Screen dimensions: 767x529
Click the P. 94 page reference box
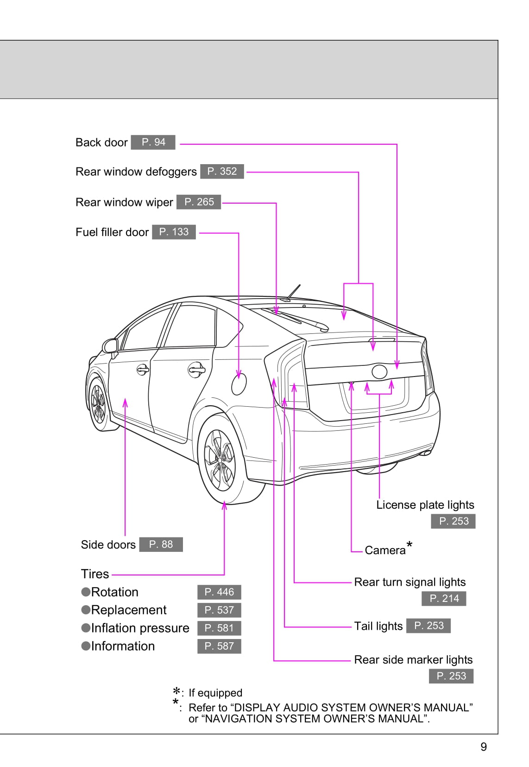pos(153,142)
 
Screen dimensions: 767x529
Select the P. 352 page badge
pos(222,172)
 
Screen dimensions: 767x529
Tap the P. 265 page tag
pos(199,202)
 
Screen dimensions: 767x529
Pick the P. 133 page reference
pos(174,232)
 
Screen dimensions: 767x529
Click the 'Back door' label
pos(101,142)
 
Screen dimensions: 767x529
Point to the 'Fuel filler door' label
pos(112,232)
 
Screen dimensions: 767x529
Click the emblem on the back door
pos(379,371)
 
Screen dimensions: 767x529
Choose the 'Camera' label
pos(385,550)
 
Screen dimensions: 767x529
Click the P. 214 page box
pos(444,599)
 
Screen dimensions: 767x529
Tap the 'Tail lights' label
pos(378,626)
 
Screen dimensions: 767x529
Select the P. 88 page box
pos(161,544)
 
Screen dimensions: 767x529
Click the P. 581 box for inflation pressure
pos(219,628)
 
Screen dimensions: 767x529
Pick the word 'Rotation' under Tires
pos(114,592)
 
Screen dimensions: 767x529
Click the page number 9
pos(484,747)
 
